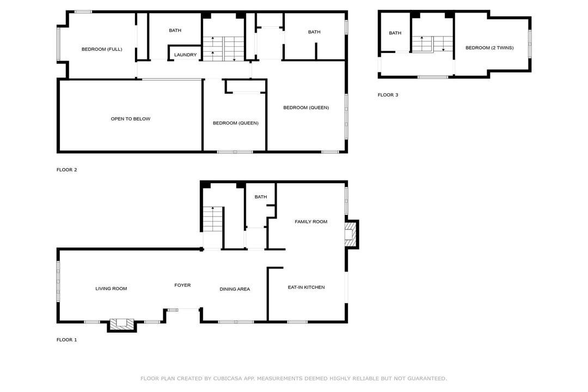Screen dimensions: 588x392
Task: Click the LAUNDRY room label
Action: tap(185, 55)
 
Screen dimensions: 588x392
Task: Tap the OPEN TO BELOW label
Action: tap(131, 119)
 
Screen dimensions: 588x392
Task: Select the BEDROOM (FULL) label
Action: tap(102, 49)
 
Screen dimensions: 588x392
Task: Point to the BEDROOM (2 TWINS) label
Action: tap(489, 47)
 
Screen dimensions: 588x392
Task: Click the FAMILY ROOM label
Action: tap(311, 221)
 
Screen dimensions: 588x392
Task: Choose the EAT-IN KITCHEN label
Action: tap(306, 287)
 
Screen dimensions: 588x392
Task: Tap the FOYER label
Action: tap(182, 285)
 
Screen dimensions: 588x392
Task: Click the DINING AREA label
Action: tap(235, 289)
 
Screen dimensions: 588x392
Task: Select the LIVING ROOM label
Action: tap(111, 288)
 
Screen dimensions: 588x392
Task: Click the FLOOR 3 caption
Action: tap(388, 95)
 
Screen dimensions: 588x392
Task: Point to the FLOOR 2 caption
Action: tap(67, 170)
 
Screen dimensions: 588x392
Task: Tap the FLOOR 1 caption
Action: tap(67, 340)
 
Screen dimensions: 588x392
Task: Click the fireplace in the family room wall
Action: tap(351, 234)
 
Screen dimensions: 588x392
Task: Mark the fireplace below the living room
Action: tap(122, 325)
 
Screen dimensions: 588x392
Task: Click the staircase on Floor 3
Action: tap(432, 44)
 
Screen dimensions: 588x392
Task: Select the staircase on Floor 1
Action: tap(213, 219)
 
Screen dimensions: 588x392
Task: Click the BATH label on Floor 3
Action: tap(395, 33)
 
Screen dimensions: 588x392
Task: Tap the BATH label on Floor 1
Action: tap(261, 197)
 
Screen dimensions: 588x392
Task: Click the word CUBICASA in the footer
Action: tap(228, 378)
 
